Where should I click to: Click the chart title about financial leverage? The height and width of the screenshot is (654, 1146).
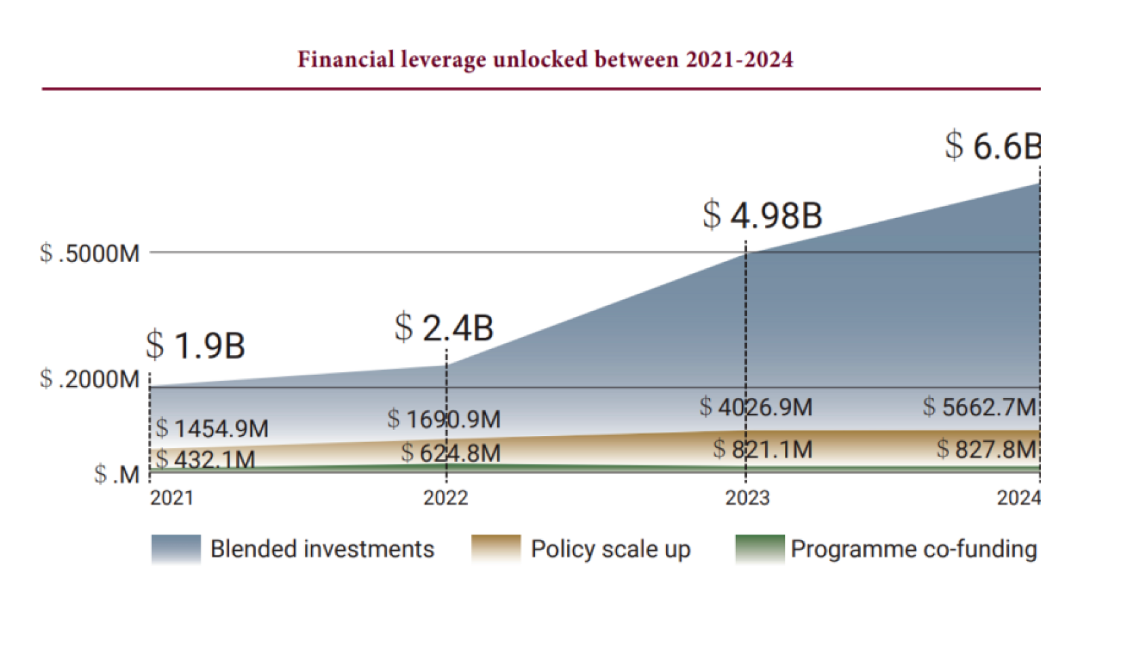(x=544, y=60)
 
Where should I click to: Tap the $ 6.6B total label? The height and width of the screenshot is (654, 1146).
(x=992, y=146)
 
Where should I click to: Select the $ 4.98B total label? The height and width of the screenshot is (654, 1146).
(x=762, y=215)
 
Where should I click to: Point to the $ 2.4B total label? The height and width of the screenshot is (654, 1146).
(x=443, y=328)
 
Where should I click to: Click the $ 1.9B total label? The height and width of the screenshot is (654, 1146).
(x=195, y=345)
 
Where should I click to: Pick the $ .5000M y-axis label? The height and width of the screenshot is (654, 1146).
(x=90, y=253)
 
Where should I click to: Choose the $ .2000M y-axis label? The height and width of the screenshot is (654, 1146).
(x=90, y=379)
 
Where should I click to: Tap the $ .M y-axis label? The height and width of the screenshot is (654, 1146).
(x=117, y=474)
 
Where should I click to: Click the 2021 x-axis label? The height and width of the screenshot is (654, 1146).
(x=172, y=498)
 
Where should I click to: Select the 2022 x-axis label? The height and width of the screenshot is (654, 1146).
(x=445, y=498)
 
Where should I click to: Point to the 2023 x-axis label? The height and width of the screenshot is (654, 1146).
(x=747, y=498)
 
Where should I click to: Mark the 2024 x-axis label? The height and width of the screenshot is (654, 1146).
(x=1018, y=498)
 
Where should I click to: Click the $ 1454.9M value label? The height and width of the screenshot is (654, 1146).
(x=212, y=429)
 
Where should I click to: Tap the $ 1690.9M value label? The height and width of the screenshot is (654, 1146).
(x=443, y=419)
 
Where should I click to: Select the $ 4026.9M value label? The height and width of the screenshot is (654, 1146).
(x=756, y=407)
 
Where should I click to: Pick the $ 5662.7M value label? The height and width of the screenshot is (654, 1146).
(x=979, y=407)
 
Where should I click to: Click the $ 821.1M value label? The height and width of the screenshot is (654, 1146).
(x=762, y=449)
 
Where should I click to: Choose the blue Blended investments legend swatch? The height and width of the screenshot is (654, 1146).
(x=176, y=549)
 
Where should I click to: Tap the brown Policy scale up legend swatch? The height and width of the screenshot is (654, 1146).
(x=496, y=549)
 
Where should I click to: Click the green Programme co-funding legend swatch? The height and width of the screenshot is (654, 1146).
(x=759, y=549)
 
